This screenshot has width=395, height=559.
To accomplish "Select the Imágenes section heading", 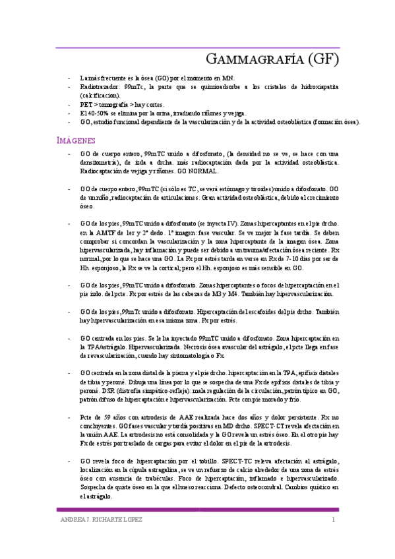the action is click(x=76, y=140).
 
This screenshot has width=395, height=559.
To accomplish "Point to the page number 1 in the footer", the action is click(x=334, y=521).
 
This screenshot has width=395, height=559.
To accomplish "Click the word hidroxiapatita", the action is click(x=316, y=86).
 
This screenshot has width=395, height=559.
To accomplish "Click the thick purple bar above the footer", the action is click(x=197, y=509).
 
